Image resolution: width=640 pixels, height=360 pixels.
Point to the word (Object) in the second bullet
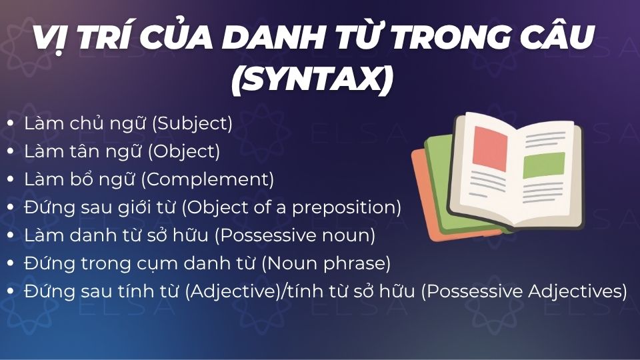183,151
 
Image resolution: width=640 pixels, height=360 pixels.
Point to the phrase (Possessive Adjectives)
523,291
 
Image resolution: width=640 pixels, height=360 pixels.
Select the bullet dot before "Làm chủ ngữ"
11,124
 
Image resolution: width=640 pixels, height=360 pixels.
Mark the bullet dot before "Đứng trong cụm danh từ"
11,264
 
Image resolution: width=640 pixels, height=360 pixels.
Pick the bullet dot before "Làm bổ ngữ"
11,180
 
